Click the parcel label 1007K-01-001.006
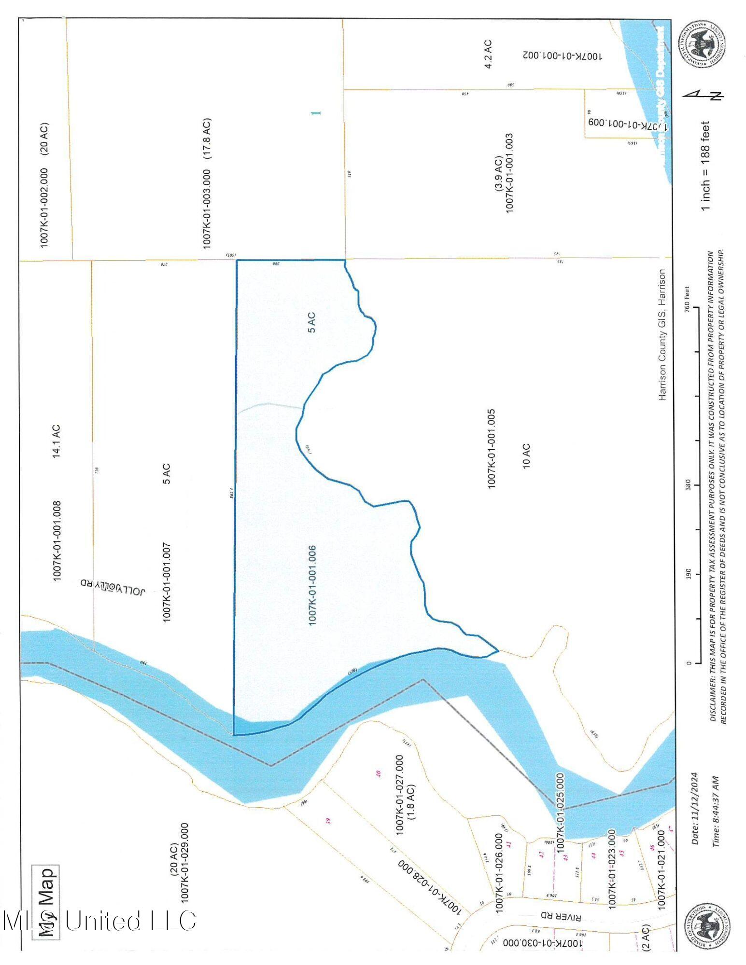point(312,585)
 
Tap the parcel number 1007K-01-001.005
point(492,449)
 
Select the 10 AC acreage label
point(526,455)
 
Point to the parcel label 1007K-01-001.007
point(167,582)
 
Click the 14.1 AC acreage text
point(56,441)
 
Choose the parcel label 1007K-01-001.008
point(56,541)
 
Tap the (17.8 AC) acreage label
point(207,138)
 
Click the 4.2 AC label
point(488,54)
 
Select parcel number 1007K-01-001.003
point(509,172)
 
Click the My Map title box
point(45,902)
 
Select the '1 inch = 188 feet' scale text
point(705,165)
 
